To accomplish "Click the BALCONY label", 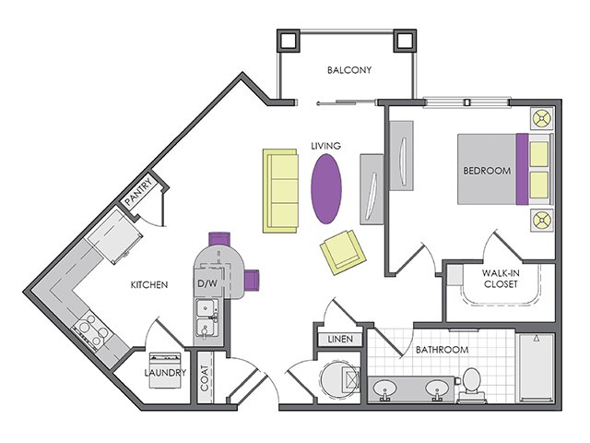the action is click(x=349, y=70).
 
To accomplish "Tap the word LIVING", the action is click(x=325, y=146).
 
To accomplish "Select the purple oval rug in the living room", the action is click(x=326, y=188).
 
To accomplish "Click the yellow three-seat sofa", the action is click(x=280, y=191).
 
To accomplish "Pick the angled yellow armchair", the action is click(x=343, y=252).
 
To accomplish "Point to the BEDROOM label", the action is click(x=487, y=171).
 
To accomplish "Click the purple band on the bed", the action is click(x=522, y=169).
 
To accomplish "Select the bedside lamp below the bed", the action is click(x=542, y=220).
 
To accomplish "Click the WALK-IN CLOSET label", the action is click(x=501, y=279).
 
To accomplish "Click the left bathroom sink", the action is click(x=384, y=389).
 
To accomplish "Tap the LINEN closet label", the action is click(x=340, y=339).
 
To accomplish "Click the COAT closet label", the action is click(x=205, y=378).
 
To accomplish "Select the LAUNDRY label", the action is click(x=165, y=373).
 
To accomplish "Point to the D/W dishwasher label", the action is click(x=207, y=283).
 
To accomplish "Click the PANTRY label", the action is click(x=138, y=192).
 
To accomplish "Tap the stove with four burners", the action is click(x=92, y=330).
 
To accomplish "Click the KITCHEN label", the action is click(x=149, y=285).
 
